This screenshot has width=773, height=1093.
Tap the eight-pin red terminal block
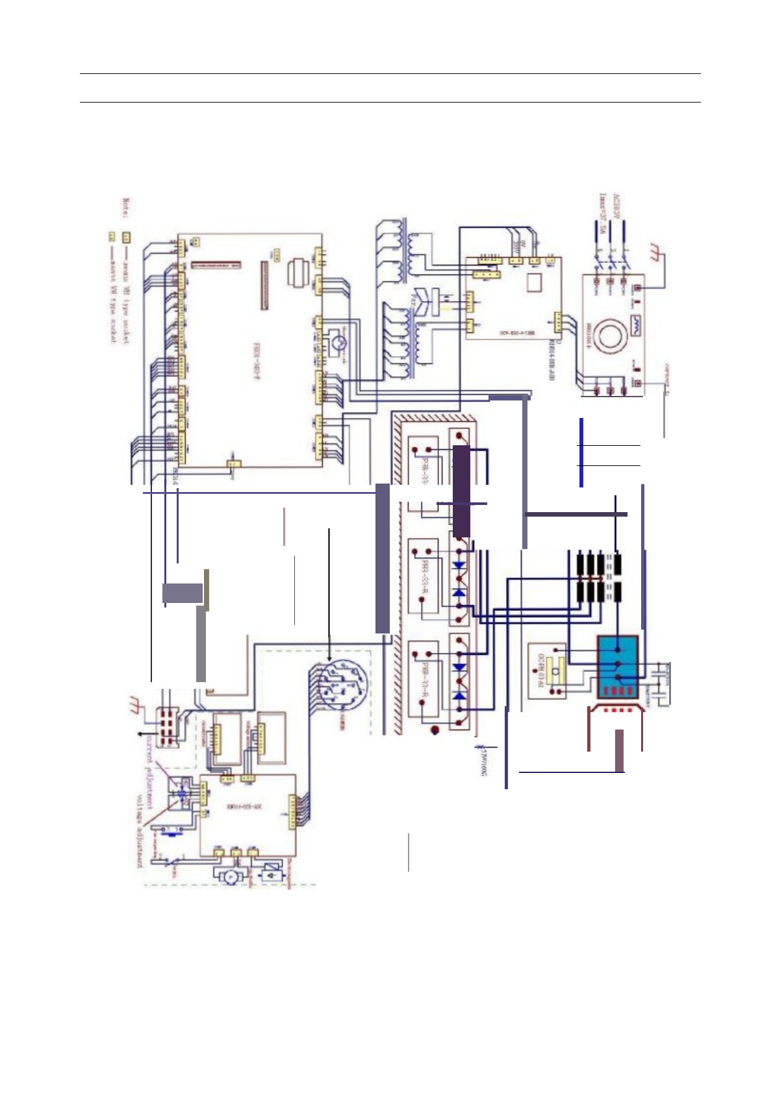point(168,724)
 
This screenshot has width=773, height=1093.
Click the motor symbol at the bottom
point(230,876)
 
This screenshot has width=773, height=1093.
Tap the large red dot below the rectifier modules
point(436,731)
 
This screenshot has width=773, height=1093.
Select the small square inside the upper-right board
point(535,283)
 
